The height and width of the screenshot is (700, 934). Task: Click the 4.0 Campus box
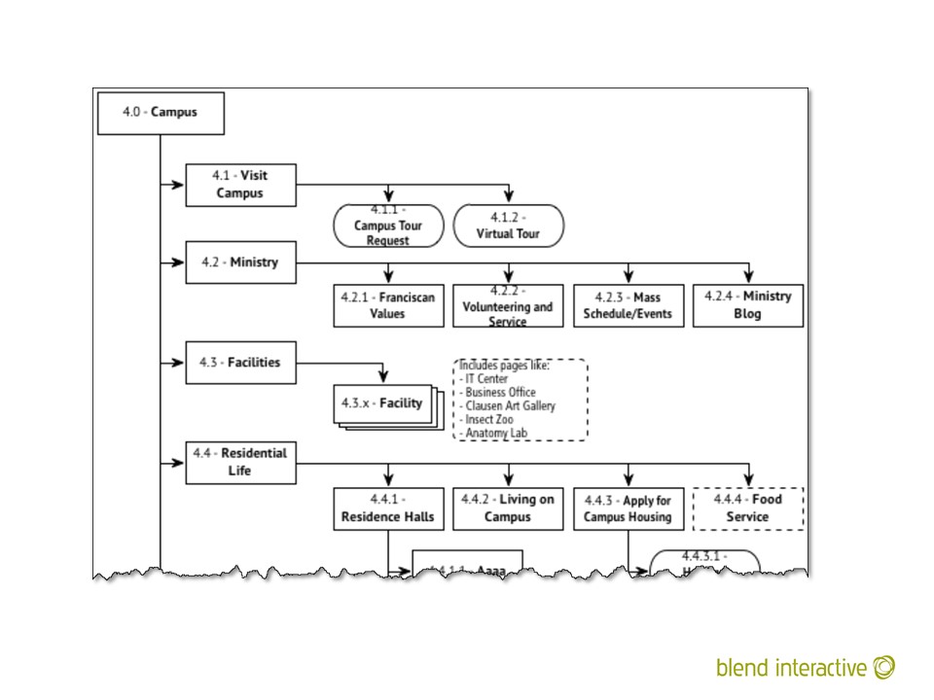(x=162, y=113)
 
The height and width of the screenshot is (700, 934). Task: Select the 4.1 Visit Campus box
(x=240, y=185)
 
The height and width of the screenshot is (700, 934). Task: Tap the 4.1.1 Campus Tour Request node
(x=388, y=226)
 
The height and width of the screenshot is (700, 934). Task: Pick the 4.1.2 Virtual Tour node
(x=508, y=226)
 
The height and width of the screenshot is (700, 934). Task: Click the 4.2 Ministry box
(x=240, y=262)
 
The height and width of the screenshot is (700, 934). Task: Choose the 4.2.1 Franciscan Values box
(x=388, y=305)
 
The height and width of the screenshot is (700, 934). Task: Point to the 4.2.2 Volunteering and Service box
(x=508, y=305)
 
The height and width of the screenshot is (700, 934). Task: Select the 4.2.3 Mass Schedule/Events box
(x=628, y=305)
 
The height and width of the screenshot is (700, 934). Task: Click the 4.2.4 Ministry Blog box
(x=747, y=305)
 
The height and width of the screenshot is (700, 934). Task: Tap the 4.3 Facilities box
(x=240, y=363)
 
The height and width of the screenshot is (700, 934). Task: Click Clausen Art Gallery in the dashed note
(x=510, y=405)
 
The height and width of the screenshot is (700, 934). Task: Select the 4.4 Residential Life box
(x=240, y=463)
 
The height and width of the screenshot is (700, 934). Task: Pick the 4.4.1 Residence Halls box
(x=388, y=508)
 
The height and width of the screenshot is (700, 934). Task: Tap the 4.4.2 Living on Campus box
(x=508, y=508)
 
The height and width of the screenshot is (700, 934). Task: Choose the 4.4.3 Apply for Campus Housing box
(x=628, y=508)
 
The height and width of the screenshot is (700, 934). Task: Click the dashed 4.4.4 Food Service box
(x=747, y=508)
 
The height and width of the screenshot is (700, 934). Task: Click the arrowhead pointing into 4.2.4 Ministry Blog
(x=747, y=276)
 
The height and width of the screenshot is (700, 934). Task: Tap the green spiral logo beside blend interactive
(x=884, y=668)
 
